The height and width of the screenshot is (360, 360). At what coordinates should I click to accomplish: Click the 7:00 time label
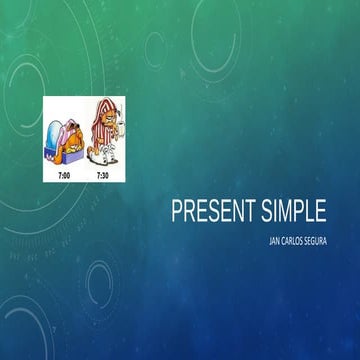[x=62, y=174]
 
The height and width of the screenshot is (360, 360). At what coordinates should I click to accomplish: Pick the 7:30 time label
[x=101, y=174]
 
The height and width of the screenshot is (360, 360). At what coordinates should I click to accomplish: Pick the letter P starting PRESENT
[x=176, y=212]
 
